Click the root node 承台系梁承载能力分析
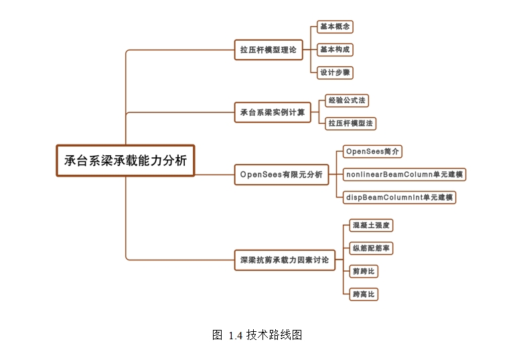click(125, 161)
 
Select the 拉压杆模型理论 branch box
click(269, 50)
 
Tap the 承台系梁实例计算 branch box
click(272, 112)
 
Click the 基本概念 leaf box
click(335, 27)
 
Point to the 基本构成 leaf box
click(335, 50)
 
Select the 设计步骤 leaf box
click(335, 72)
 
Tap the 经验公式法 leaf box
click(346, 100)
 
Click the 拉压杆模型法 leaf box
click(350, 123)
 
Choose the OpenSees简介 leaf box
click(372, 152)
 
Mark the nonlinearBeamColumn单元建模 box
click(404, 175)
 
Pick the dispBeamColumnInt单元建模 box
click(399, 197)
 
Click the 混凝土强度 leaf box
click(370, 226)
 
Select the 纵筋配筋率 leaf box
click(372, 248)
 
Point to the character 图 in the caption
click(217, 335)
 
